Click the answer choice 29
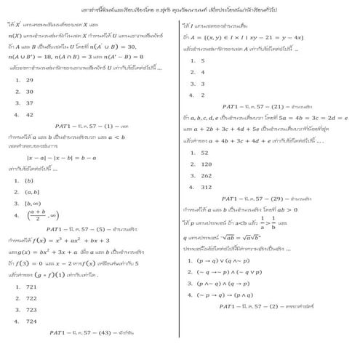[x=29, y=80]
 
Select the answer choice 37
[x=29, y=103]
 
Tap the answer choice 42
[x=29, y=115]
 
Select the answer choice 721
[x=31, y=286]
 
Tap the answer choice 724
[x=31, y=320]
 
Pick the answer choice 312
[x=206, y=187]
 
